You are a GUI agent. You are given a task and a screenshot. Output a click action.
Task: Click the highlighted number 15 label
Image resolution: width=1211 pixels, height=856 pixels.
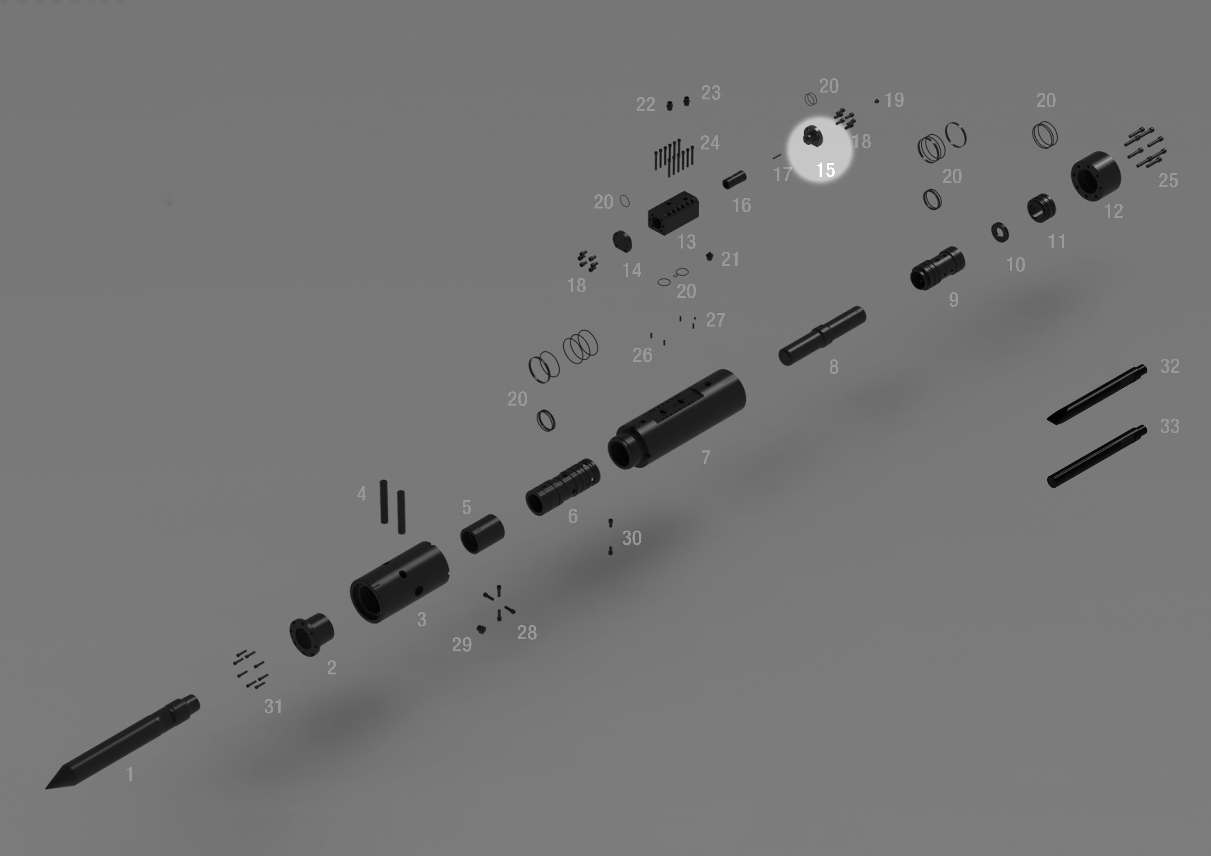pos(825,170)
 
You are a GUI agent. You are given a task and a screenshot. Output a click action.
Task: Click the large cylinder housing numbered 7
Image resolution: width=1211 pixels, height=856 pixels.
pos(677,419)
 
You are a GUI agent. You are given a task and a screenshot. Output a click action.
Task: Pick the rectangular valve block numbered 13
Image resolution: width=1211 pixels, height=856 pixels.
pos(674,213)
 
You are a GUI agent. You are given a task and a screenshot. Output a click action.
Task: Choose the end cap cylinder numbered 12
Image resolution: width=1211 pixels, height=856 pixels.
pos(1095,176)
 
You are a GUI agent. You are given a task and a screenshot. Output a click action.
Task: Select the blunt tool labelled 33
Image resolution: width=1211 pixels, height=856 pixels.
pos(1096,457)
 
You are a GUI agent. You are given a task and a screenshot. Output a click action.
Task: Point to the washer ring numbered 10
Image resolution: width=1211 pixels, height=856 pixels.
pos(1000,232)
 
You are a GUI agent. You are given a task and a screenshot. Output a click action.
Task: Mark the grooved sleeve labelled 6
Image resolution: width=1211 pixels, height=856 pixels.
pos(563,487)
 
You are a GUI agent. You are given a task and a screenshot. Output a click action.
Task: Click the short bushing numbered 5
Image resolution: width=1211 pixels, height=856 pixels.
pos(482,534)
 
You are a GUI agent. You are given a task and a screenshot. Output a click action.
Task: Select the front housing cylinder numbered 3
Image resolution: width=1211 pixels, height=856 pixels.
pos(399,582)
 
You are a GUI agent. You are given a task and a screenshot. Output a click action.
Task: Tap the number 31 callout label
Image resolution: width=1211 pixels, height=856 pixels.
pos(273,706)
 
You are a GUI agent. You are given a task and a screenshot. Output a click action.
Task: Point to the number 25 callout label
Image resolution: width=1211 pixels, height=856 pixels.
pos(1168,181)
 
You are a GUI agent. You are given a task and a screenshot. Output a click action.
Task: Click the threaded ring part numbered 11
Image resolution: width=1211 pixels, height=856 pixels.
pos(1041,208)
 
